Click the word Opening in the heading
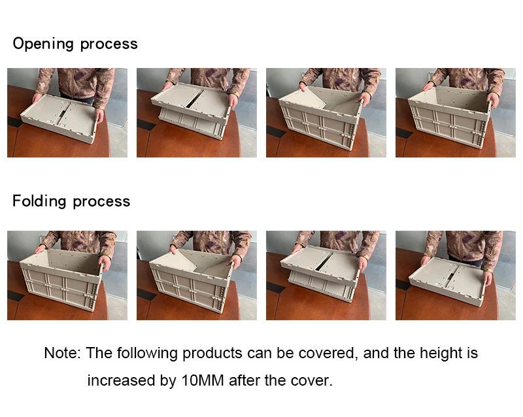(x=42, y=44)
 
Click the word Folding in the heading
(x=39, y=201)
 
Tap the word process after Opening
(x=109, y=44)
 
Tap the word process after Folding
(x=101, y=202)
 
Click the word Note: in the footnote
(x=62, y=353)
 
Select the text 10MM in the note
(x=203, y=380)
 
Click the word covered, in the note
(x=328, y=354)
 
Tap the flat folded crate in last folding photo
(x=447, y=280)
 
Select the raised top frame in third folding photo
(x=320, y=265)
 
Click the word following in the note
(x=147, y=354)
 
